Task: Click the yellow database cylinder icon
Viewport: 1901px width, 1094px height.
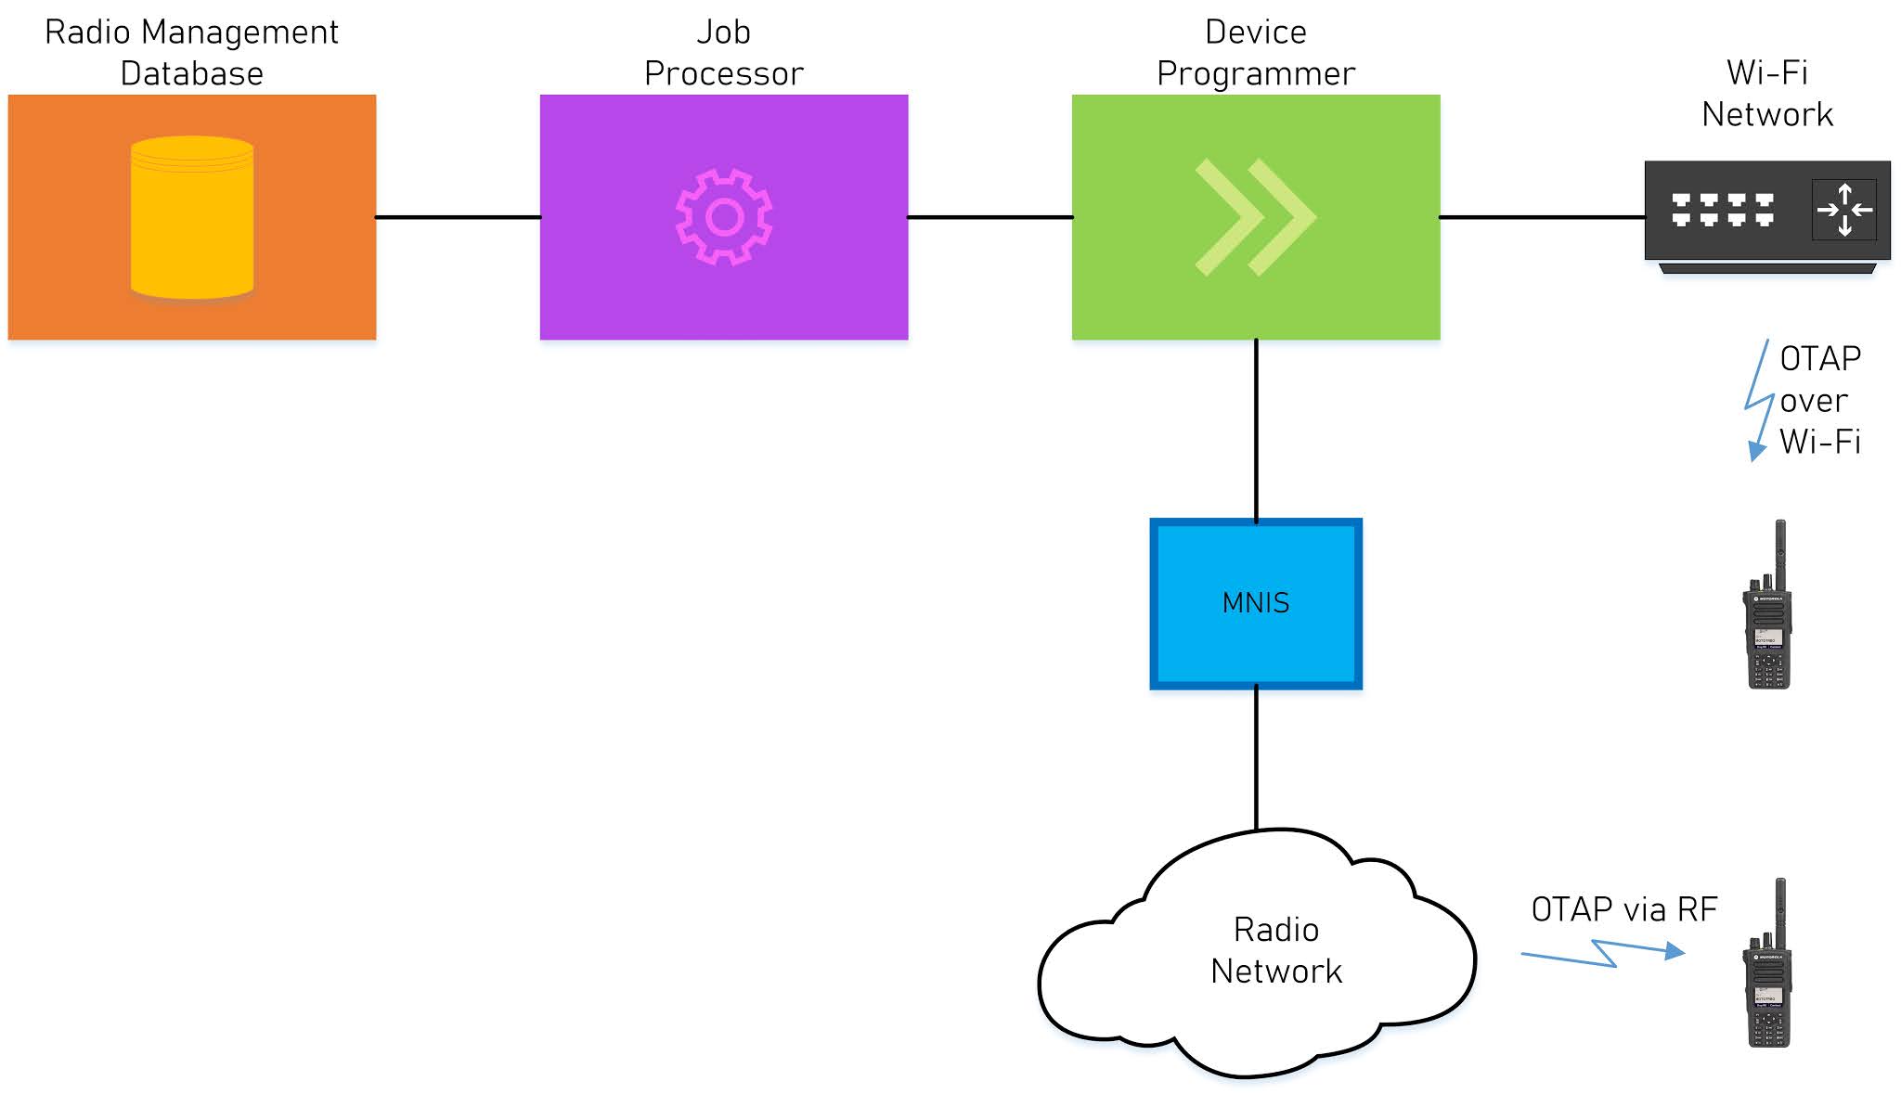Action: pyautogui.click(x=192, y=218)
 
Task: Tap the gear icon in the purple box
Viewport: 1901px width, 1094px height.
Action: pyautogui.click(x=724, y=217)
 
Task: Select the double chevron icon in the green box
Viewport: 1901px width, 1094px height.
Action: pyautogui.click(x=1255, y=217)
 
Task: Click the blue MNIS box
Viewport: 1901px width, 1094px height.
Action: pyautogui.click(x=1256, y=603)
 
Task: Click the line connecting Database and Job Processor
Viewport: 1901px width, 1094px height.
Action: pyautogui.click(x=458, y=217)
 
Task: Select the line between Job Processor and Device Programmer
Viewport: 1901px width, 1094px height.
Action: pyautogui.click(x=989, y=217)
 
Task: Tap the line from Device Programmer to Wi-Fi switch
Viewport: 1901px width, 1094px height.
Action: pyautogui.click(x=1542, y=217)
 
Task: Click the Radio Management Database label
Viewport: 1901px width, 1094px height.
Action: pyautogui.click(x=191, y=53)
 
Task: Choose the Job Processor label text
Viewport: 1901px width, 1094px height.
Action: pyautogui.click(x=724, y=53)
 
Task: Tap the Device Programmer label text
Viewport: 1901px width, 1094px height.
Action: pyautogui.click(x=1255, y=53)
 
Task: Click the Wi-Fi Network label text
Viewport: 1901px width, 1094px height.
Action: pyautogui.click(x=1766, y=94)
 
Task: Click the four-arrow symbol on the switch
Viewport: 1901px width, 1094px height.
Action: pyautogui.click(x=1844, y=210)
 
